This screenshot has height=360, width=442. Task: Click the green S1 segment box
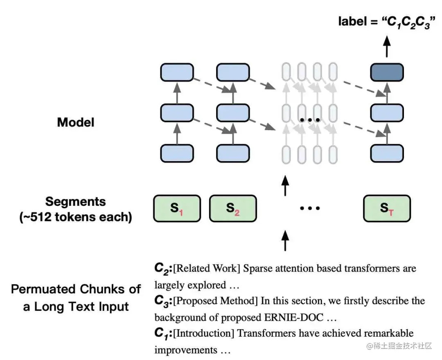pos(177,209)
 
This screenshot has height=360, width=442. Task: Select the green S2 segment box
pos(233,209)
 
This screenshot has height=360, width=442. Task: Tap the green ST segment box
pos(387,209)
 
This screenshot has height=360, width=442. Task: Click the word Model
pos(76,122)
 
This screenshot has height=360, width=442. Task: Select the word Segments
pos(75,202)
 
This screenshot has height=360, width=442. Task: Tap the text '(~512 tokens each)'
pos(75,217)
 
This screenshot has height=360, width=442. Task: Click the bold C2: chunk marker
pos(163,268)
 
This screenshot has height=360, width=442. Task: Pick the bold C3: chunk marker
pos(163,301)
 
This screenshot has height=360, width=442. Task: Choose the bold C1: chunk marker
pos(163,333)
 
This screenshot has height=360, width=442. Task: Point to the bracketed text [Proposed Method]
pos(215,301)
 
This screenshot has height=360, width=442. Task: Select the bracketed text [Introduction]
pos(204,334)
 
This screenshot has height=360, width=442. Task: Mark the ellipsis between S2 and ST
pos(310,209)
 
